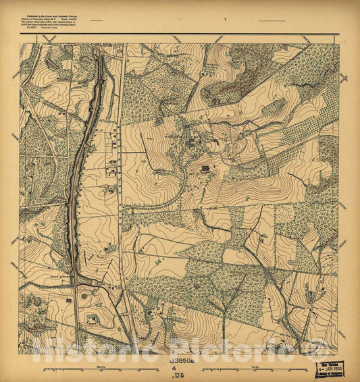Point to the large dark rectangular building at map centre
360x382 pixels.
point(204,167)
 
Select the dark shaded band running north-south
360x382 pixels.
point(78,162)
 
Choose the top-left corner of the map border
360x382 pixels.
point(20,44)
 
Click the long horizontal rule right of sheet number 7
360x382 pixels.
point(272,22)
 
